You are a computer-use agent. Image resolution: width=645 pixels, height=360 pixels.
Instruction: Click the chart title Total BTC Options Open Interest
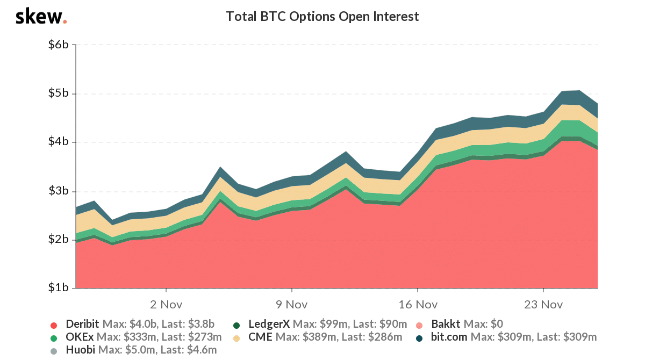coord(322,17)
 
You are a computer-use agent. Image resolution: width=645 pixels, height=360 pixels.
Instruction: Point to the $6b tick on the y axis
coord(58,45)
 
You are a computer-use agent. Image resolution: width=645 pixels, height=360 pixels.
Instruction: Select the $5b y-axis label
coord(58,93)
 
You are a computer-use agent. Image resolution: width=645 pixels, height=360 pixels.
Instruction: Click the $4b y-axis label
coord(58,142)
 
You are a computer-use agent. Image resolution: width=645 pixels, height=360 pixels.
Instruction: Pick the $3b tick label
coord(58,191)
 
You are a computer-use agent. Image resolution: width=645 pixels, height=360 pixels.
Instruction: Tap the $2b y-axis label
coord(58,240)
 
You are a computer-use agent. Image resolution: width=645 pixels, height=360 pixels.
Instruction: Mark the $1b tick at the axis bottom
coord(58,288)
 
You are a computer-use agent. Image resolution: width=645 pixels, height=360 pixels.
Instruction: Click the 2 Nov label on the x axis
coord(166,304)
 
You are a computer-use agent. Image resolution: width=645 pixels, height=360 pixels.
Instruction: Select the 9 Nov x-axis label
coord(291,304)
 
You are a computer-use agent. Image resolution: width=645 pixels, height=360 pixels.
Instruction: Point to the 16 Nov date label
coord(417,304)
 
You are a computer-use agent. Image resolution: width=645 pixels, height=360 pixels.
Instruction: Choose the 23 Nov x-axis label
coord(543,304)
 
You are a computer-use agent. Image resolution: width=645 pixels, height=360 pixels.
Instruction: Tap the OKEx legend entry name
coord(79,337)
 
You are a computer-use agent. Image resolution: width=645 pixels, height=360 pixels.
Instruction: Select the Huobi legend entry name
coord(80,350)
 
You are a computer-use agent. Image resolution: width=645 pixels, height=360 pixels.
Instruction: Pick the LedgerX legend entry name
coord(269,324)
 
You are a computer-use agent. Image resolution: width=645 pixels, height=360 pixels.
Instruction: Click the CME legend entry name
coord(260,337)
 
